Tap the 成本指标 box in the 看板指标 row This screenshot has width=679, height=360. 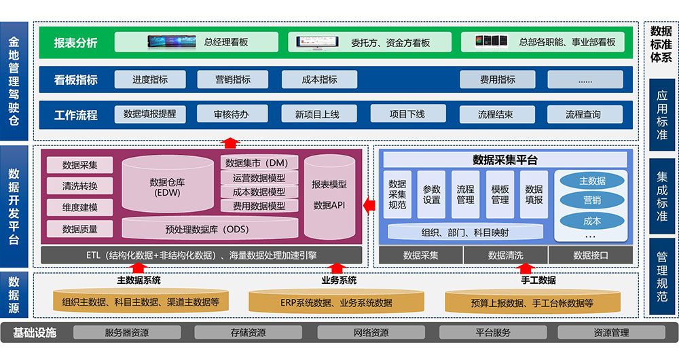(319, 79)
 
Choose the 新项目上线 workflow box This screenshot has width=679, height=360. (317, 114)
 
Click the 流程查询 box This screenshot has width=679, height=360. (583, 114)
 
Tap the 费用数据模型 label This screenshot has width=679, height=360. (259, 206)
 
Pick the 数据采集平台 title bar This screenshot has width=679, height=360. (504, 160)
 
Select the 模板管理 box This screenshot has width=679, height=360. (500, 194)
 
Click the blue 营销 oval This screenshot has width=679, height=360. (591, 200)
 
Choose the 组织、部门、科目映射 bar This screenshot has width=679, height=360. (465, 232)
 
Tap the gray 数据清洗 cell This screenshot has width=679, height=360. (505, 255)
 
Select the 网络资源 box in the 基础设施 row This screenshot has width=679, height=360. (366, 333)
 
